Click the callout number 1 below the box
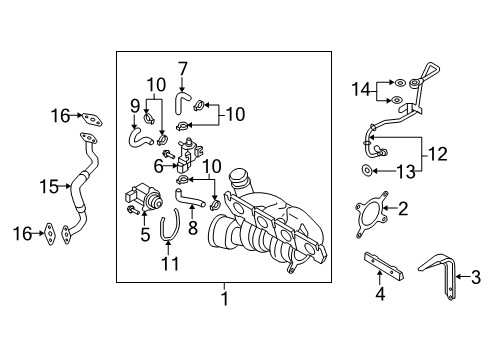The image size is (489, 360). pos(225,298)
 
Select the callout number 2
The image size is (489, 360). pos(403,209)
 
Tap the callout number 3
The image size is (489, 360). pos(476,277)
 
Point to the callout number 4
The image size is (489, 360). pos(380,294)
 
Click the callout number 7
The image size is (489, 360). pos(183,69)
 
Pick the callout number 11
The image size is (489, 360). pos(170,263)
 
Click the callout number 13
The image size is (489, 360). pos(406,171)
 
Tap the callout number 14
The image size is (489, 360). pos(361,89)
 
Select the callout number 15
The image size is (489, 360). pos(49,186)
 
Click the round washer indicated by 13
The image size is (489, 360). pos(366,171)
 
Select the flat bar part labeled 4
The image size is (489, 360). pos(383,266)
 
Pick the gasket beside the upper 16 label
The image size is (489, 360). pos(92,119)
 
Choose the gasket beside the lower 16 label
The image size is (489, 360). pos(49,234)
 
